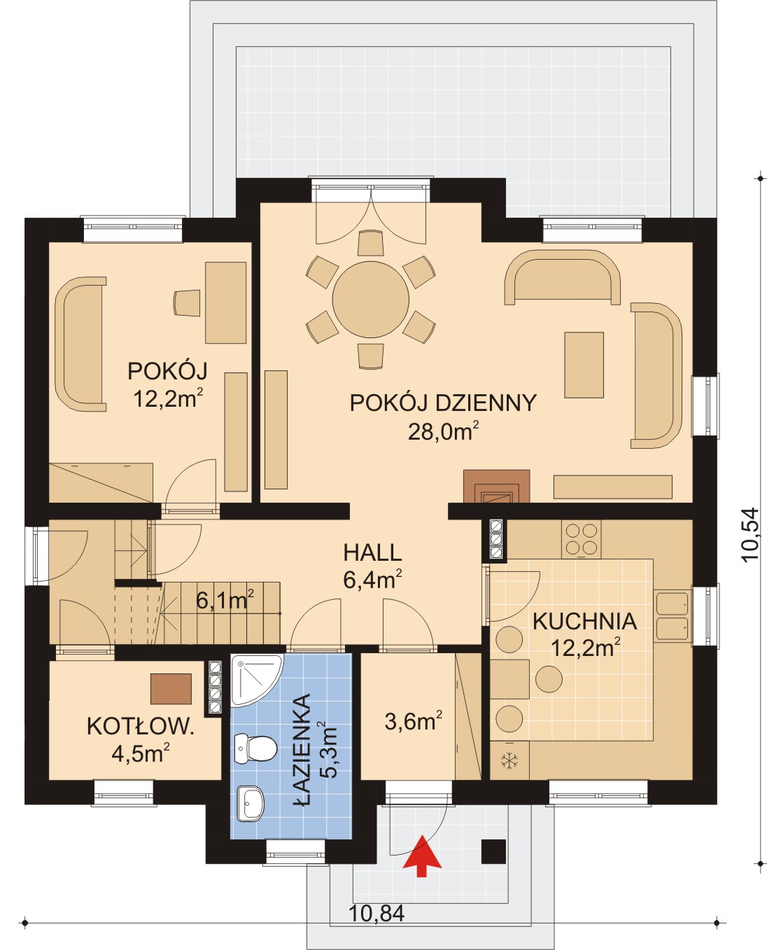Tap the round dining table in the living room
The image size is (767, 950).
click(370, 300)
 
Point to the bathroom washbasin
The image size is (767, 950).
click(250, 803)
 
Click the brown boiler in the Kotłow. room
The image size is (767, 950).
click(171, 689)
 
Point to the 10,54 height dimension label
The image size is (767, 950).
click(750, 535)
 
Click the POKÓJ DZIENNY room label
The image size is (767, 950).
click(443, 403)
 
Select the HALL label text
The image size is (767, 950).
click(372, 552)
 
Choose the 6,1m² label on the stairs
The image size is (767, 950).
click(225, 601)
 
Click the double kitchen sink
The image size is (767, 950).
click(672, 616)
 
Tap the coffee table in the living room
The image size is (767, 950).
click(584, 365)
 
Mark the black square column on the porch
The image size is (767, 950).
click(493, 851)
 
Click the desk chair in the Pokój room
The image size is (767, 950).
click(187, 303)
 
